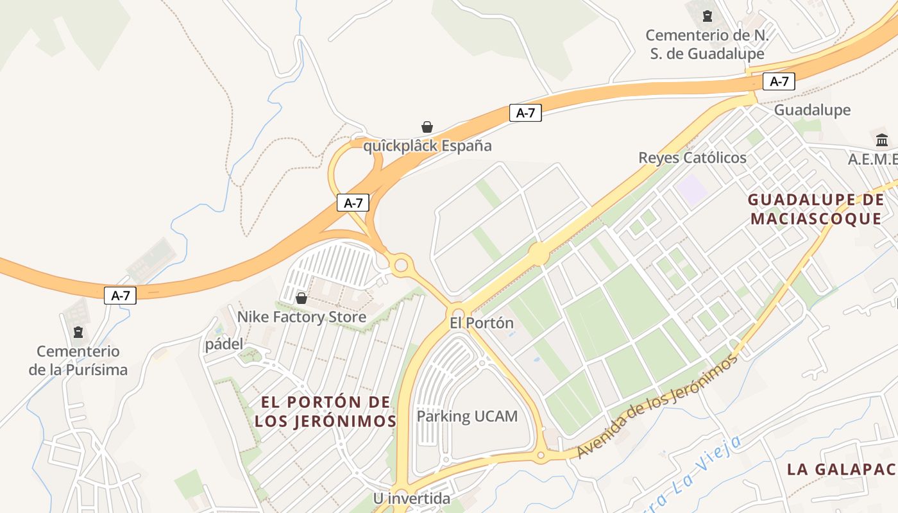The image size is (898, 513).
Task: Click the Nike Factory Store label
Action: (x=301, y=317)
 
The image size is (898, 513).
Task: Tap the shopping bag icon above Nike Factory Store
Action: (x=301, y=298)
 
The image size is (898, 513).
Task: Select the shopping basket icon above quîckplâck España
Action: (x=427, y=127)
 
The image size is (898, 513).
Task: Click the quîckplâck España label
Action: (x=427, y=146)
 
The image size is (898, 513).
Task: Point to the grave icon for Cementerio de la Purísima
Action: (x=78, y=332)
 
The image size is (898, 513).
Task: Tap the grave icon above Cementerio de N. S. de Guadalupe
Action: (x=707, y=16)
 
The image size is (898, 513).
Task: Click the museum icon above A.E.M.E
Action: (x=882, y=140)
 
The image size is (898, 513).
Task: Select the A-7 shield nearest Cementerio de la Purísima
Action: (x=121, y=296)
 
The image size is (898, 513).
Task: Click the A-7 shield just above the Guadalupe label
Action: (x=779, y=81)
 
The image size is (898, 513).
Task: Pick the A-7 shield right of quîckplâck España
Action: (x=525, y=114)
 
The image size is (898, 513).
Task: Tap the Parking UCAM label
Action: (x=467, y=416)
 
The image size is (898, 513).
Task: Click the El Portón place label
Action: (x=482, y=323)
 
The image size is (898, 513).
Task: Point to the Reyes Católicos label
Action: (x=693, y=158)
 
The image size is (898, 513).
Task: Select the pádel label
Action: (x=224, y=344)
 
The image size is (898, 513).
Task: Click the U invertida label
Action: (x=412, y=498)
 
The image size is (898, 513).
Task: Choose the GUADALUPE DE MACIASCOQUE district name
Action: (x=816, y=209)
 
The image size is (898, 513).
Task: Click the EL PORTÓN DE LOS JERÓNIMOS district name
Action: (x=325, y=412)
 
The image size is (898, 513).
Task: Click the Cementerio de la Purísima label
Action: (x=78, y=360)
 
